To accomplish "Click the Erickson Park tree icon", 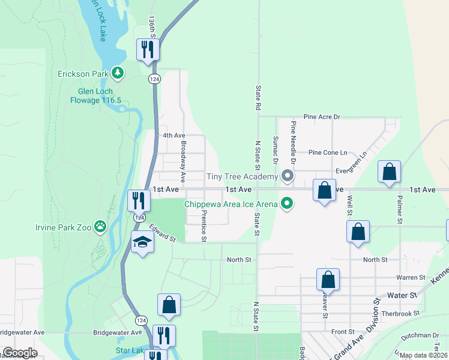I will coord(118,74).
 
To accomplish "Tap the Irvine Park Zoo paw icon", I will coord(100,227).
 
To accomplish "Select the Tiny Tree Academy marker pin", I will coord(288,176).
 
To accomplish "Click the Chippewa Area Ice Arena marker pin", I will coord(288,204).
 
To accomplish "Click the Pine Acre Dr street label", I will coord(322,116).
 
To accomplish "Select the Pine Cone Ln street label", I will coord(327,153).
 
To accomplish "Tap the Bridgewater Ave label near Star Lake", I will coord(112,332).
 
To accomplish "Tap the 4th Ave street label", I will coord(174,136).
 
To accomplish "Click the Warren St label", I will coord(411,278).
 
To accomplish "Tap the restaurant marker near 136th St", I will coord(146,49).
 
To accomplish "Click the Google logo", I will coord(20,353).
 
